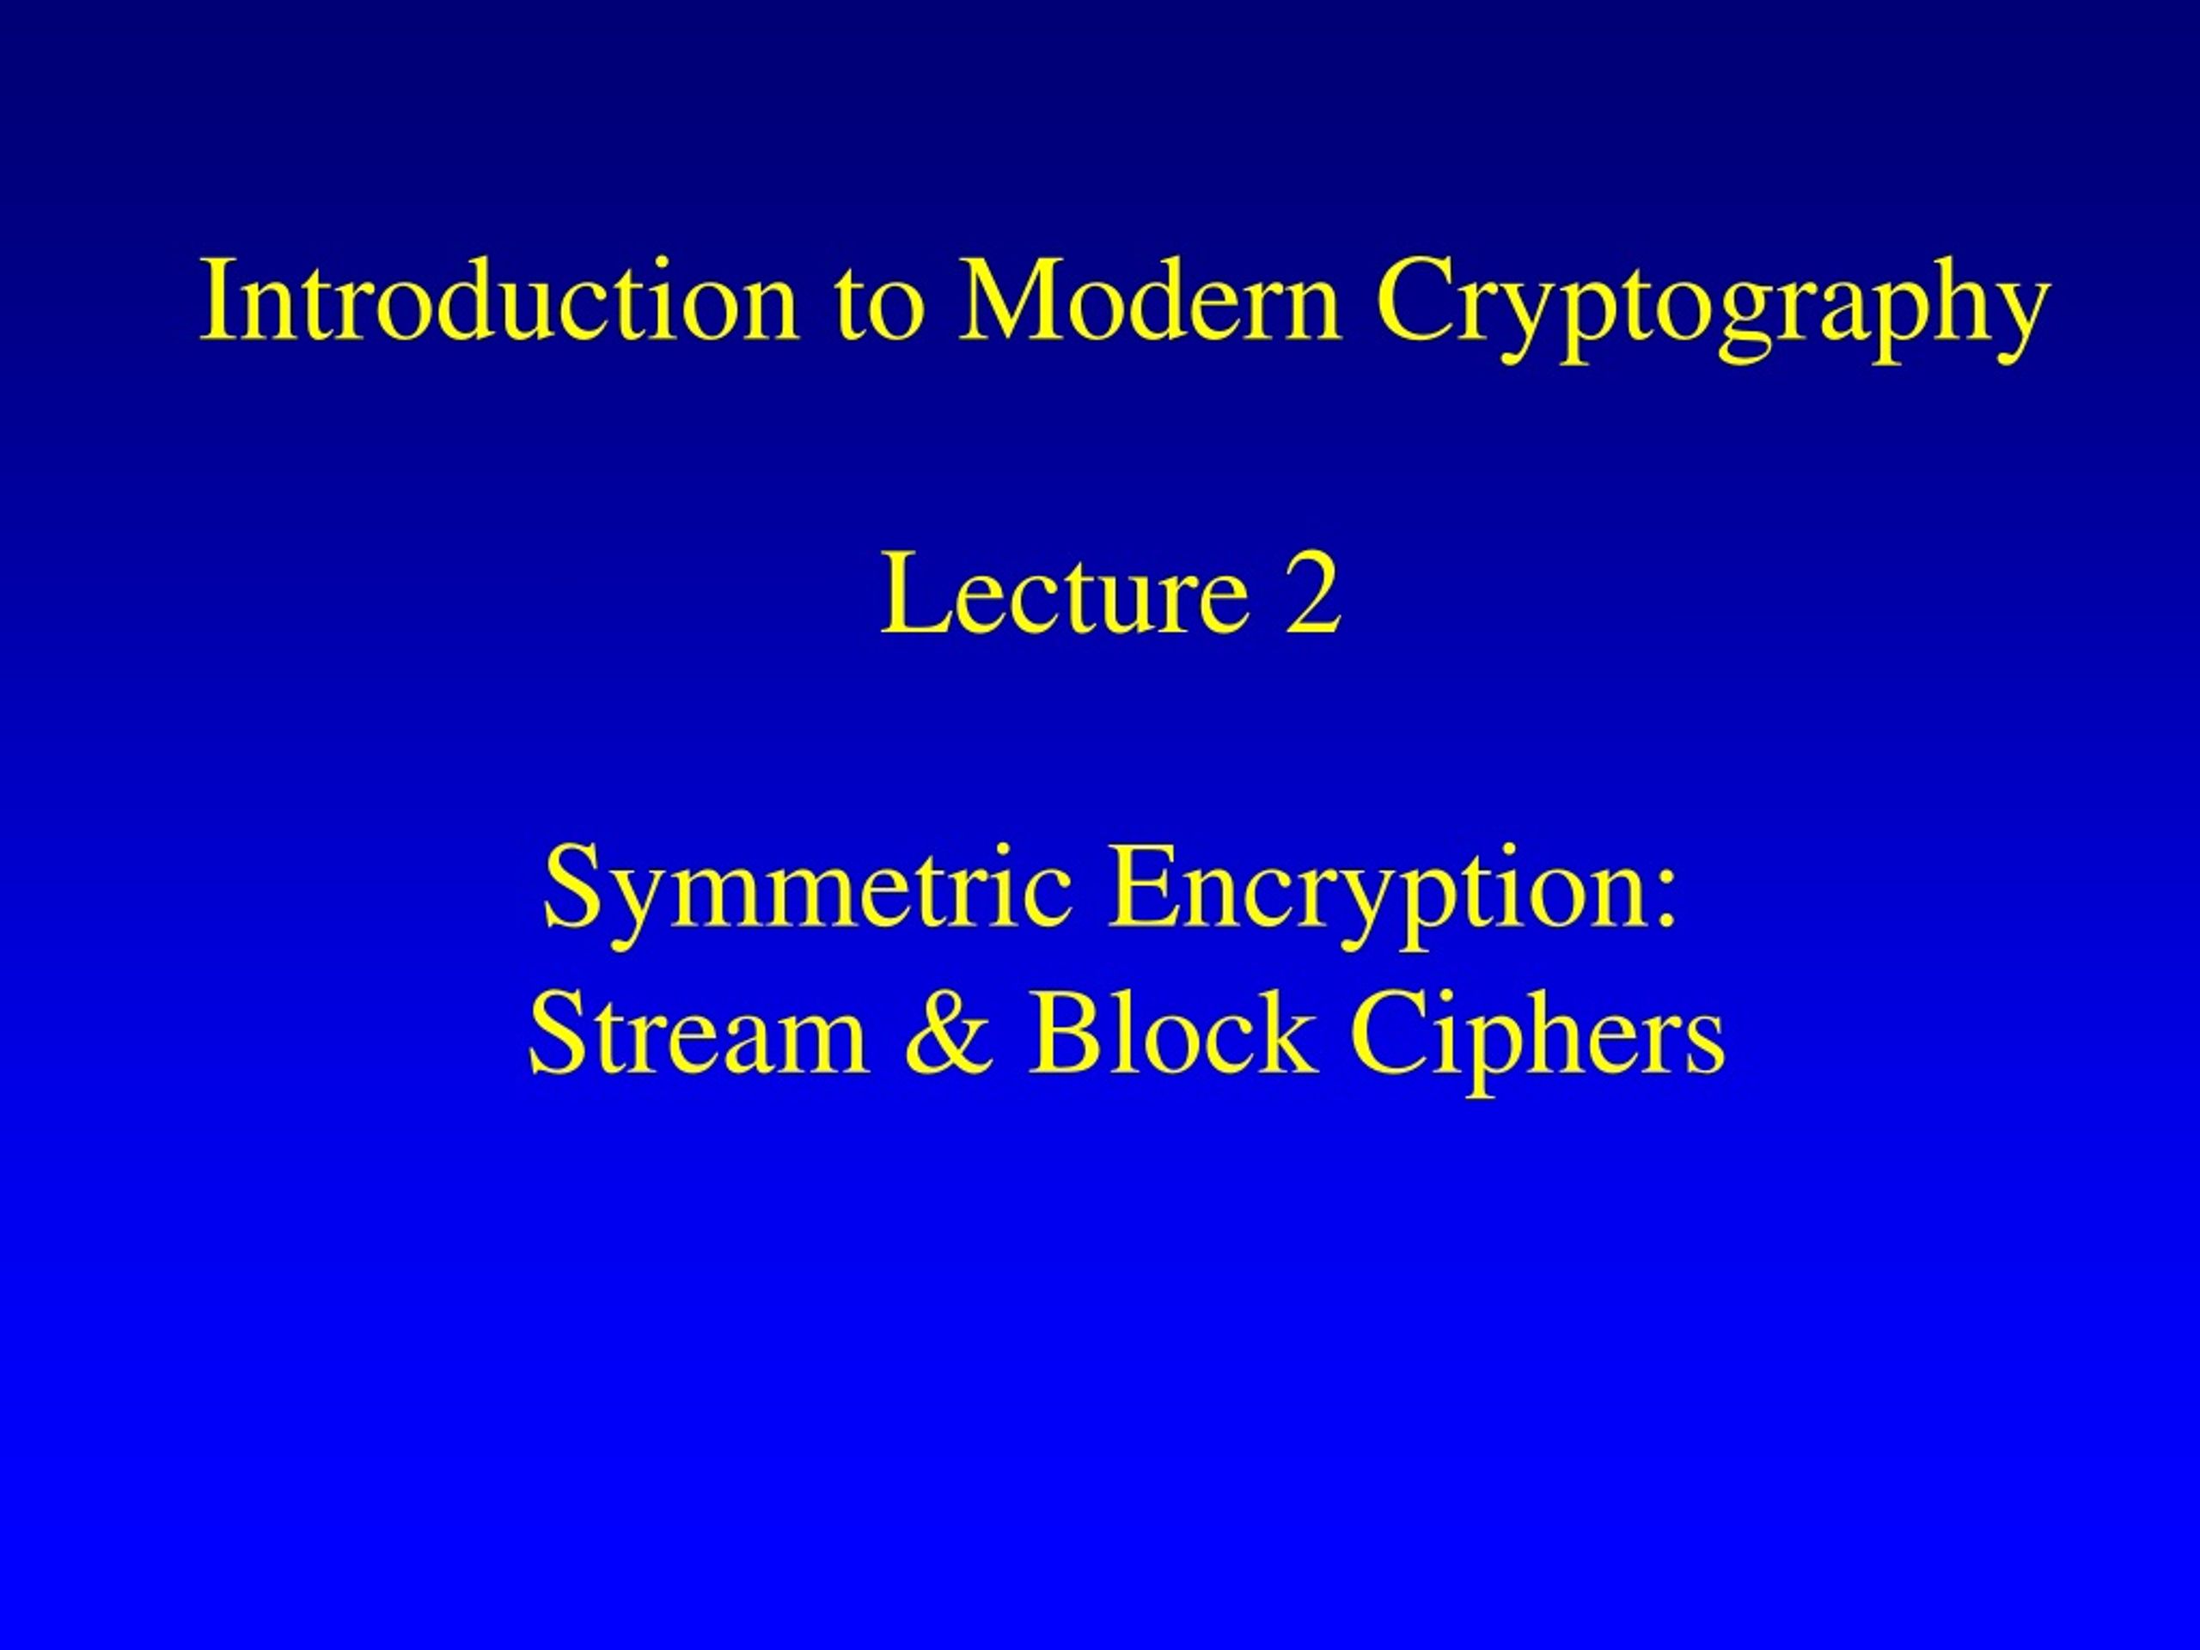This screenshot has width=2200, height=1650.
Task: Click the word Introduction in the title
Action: [499, 298]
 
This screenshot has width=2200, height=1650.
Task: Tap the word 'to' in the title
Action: [880, 304]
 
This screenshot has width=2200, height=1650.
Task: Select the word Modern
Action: [1150, 298]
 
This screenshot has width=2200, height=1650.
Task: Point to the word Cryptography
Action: [1713, 309]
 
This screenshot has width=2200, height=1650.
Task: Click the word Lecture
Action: [1064, 593]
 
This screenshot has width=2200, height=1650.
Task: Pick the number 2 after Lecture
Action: [1314, 593]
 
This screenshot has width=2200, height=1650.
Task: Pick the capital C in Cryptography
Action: [1415, 298]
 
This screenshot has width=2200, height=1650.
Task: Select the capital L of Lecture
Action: [916, 593]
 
